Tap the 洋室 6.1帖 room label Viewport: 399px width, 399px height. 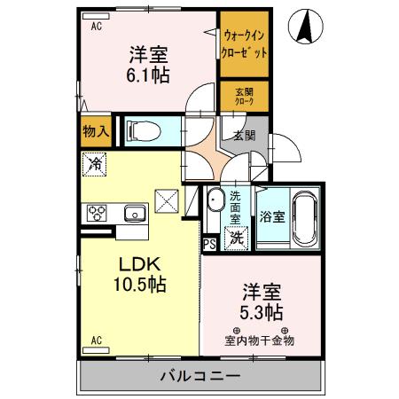tap(147, 61)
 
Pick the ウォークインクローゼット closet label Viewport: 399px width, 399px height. tap(245, 45)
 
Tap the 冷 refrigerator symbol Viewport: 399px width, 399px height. tap(95, 164)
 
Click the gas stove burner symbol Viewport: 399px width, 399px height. tap(96, 213)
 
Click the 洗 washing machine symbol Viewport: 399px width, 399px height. tap(237, 237)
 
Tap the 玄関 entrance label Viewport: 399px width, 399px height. tap(244, 136)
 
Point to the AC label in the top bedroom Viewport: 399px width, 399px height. tap(96, 26)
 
